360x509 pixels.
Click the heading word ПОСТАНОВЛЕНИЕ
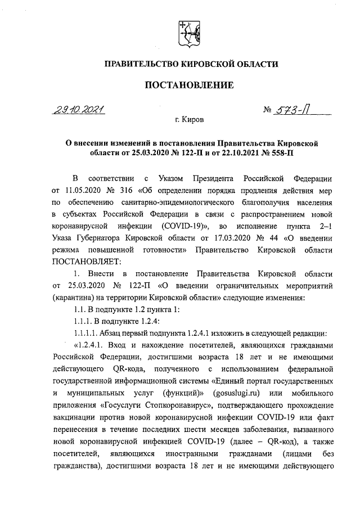[189, 85]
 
